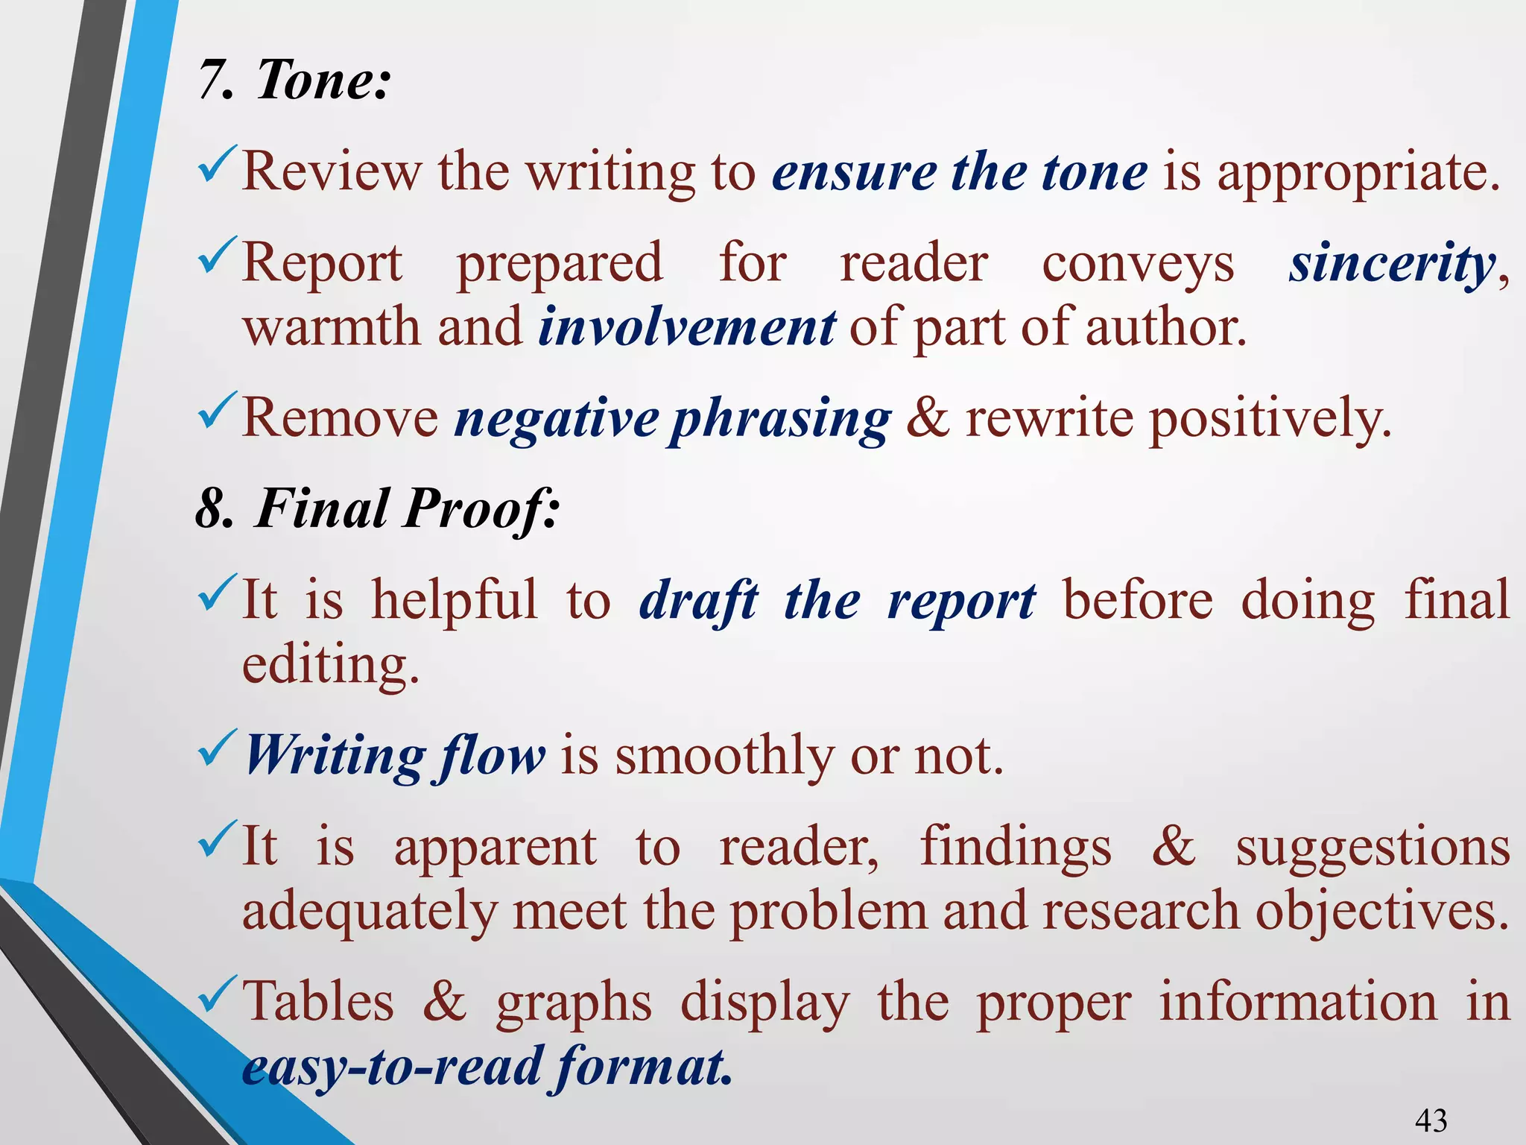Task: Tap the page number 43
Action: [x=1431, y=1120]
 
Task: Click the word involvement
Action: [x=686, y=327]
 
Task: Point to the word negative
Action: [x=557, y=418]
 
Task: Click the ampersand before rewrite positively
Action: [x=928, y=417]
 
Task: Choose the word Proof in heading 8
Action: [x=481, y=509]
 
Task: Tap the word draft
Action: [x=698, y=600]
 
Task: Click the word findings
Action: [x=1016, y=848]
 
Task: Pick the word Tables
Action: [x=318, y=1001]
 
